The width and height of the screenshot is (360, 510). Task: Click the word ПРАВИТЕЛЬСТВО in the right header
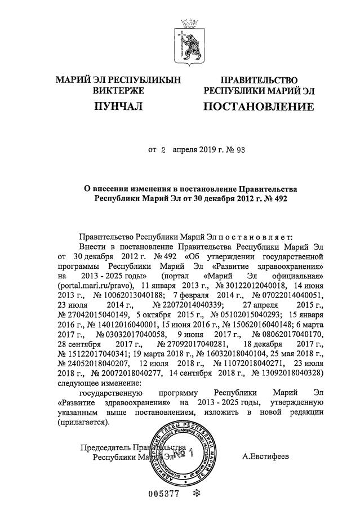(x=259, y=80)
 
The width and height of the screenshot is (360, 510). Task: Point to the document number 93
(x=238, y=150)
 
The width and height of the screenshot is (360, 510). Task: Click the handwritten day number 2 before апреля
(x=163, y=150)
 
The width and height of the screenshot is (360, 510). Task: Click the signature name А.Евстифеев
(x=265, y=456)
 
